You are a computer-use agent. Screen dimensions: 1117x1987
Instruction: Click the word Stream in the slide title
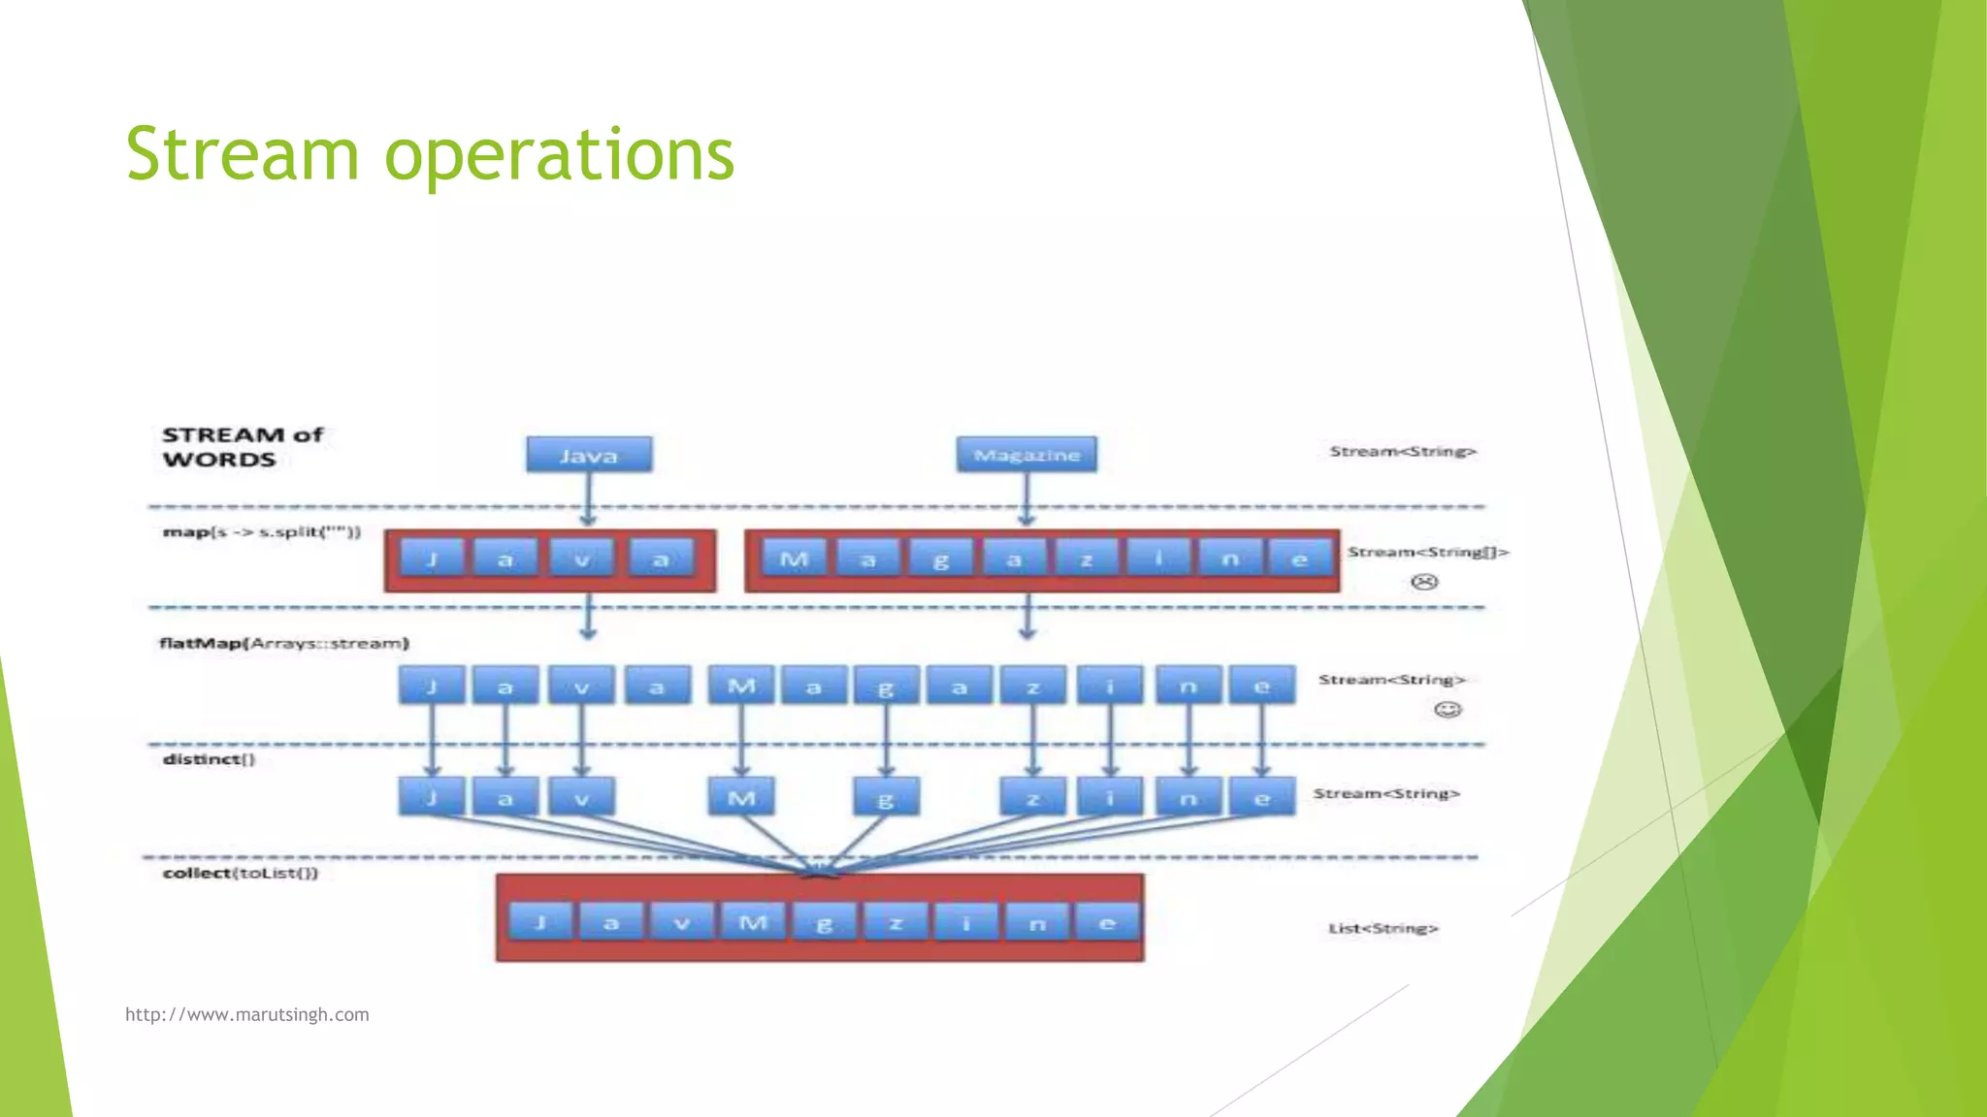(x=243, y=155)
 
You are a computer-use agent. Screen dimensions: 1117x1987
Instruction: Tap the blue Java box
(x=589, y=455)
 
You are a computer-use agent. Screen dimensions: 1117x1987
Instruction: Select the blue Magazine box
(x=1026, y=455)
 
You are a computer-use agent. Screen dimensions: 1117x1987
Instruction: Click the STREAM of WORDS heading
(x=242, y=447)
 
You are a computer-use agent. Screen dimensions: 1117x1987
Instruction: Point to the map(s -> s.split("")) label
(x=261, y=532)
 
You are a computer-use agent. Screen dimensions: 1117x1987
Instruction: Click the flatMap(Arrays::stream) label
(x=284, y=643)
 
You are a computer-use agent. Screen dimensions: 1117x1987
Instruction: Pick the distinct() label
(x=209, y=759)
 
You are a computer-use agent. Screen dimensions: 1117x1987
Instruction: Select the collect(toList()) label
(x=241, y=873)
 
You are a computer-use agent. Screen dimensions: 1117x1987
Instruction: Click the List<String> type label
(x=1383, y=928)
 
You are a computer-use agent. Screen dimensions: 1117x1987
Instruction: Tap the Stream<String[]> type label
(x=1427, y=552)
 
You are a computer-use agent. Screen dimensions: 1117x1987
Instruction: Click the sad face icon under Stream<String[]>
(x=1424, y=582)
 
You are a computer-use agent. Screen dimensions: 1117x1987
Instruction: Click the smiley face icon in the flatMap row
(x=1448, y=710)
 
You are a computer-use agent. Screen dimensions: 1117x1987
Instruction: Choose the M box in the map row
(x=794, y=559)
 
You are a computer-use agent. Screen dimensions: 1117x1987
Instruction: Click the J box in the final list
(x=539, y=922)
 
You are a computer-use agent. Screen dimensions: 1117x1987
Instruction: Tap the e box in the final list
(x=1107, y=922)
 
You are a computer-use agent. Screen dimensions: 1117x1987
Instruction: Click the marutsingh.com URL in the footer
(x=246, y=1014)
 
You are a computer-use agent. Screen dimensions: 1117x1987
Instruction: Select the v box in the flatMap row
(x=581, y=686)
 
